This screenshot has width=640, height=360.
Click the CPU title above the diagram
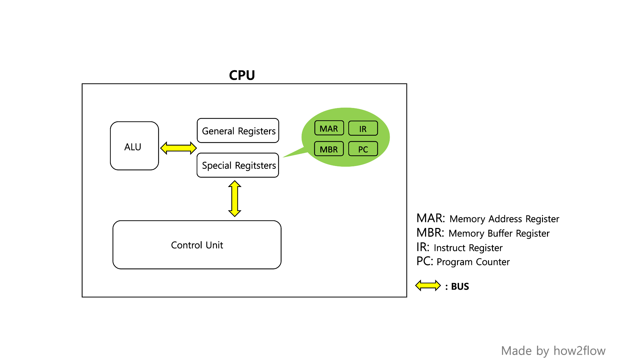[242, 75]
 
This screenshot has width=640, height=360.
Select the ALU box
[134, 146]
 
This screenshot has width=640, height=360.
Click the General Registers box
[238, 131]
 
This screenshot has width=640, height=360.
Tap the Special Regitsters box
[238, 165]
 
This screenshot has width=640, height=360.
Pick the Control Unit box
[197, 245]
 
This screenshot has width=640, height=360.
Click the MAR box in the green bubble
[329, 128]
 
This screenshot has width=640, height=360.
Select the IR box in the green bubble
[363, 129]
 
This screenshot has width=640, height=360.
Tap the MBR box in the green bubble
[329, 149]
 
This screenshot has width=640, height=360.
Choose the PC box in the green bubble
[363, 149]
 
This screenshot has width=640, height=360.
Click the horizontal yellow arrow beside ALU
[178, 148]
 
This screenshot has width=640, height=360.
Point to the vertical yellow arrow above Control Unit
[235, 199]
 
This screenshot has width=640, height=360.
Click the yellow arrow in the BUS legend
[428, 286]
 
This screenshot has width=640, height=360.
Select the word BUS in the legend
[460, 286]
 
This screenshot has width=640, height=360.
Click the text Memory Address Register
[504, 219]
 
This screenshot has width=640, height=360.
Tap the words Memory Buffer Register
[499, 233]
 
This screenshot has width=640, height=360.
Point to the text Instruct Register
[468, 248]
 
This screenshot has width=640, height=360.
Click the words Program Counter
[473, 262]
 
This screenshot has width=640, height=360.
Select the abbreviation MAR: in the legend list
[431, 218]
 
